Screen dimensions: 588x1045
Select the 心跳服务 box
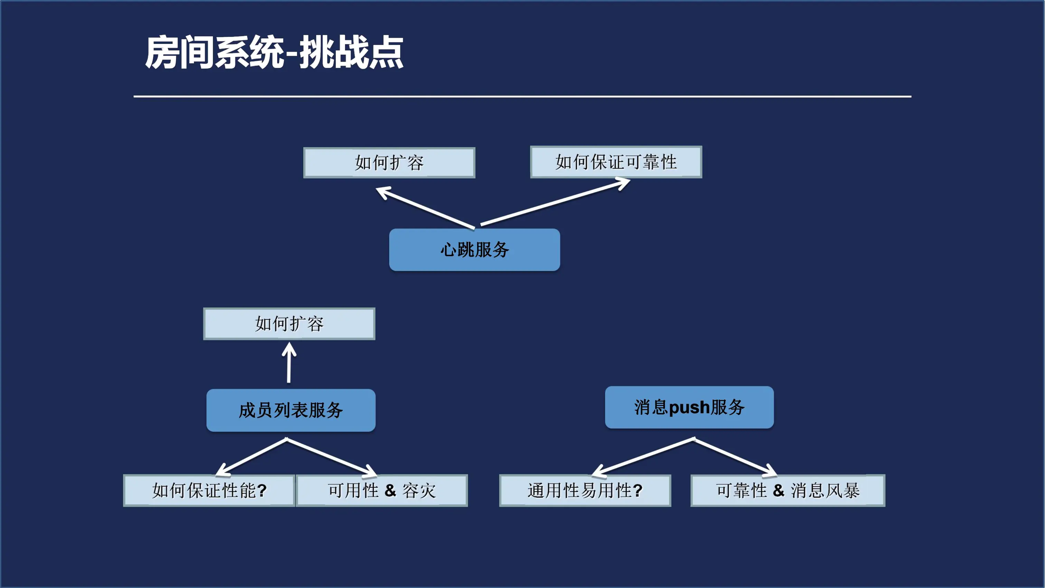click(474, 250)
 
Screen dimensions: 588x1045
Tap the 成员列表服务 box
click(291, 410)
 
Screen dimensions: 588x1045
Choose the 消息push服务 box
click(689, 407)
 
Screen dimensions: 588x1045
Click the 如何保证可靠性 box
click(616, 162)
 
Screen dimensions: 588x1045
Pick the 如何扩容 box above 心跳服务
click(389, 163)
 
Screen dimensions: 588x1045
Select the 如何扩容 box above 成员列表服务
click(289, 324)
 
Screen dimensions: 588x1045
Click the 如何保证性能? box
click(209, 490)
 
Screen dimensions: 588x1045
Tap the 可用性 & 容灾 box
click(382, 490)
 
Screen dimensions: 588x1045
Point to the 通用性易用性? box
click(585, 490)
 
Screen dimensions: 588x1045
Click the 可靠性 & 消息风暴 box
click(788, 490)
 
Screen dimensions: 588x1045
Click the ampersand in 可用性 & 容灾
click(390, 490)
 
